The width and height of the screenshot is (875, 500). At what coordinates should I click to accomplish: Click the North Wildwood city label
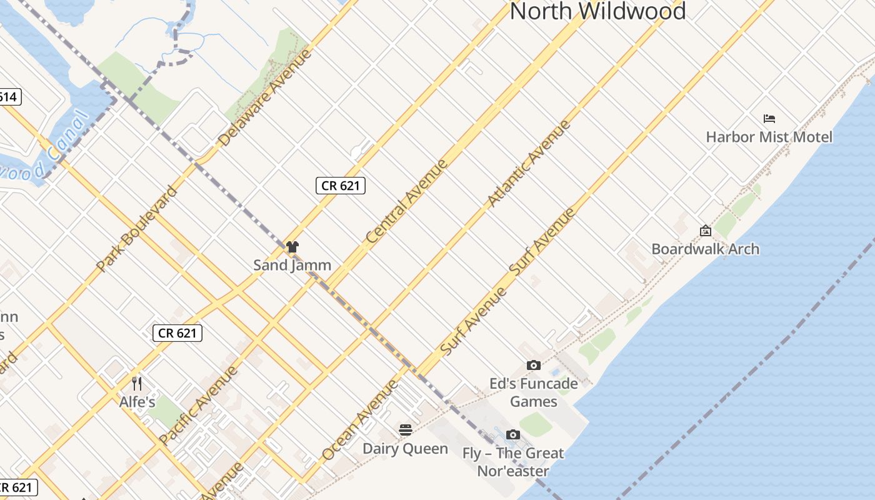pyautogui.click(x=598, y=11)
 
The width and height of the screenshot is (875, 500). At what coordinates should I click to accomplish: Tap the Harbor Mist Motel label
pyautogui.click(x=769, y=137)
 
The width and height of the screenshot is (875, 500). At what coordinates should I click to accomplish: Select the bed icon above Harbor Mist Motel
pyautogui.click(x=769, y=118)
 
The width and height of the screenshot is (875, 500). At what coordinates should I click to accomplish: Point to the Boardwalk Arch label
pyautogui.click(x=705, y=249)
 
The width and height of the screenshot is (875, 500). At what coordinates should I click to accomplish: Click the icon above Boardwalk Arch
pyautogui.click(x=705, y=231)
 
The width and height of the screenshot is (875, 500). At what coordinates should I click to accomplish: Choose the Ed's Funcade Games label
pyautogui.click(x=533, y=392)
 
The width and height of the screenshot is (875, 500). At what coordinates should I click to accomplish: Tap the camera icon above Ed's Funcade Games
pyautogui.click(x=533, y=365)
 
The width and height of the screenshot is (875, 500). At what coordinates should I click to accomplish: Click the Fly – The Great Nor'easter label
pyautogui.click(x=513, y=462)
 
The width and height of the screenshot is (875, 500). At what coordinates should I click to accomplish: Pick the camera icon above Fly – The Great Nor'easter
pyautogui.click(x=512, y=434)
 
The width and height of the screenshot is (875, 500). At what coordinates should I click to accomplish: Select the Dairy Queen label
pyautogui.click(x=405, y=449)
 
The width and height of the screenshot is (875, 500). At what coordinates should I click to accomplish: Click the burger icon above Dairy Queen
pyautogui.click(x=405, y=430)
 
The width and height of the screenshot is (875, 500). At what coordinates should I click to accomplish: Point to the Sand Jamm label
pyautogui.click(x=292, y=265)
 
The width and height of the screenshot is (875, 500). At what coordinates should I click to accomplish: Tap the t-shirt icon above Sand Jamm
pyautogui.click(x=292, y=247)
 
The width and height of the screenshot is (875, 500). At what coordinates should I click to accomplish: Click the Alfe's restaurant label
pyautogui.click(x=137, y=401)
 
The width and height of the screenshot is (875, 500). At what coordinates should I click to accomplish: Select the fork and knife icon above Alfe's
pyautogui.click(x=137, y=383)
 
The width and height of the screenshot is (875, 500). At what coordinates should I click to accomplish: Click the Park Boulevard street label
pyautogui.click(x=137, y=229)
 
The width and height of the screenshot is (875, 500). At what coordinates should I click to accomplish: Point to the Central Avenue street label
pyautogui.click(x=407, y=201)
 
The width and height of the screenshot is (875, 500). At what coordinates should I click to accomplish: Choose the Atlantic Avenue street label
pyautogui.click(x=529, y=163)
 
